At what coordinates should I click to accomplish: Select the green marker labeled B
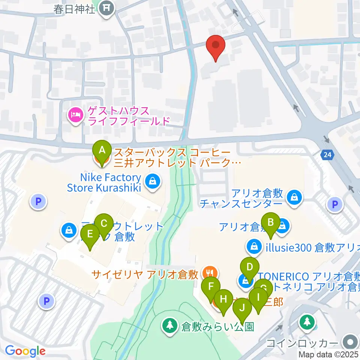point(271,224)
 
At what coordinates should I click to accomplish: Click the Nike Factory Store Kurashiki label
point(104,182)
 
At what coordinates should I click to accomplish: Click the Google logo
point(25,351)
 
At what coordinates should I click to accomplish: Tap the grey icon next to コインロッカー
point(350,342)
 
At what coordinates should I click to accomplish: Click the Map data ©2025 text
point(328,354)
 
